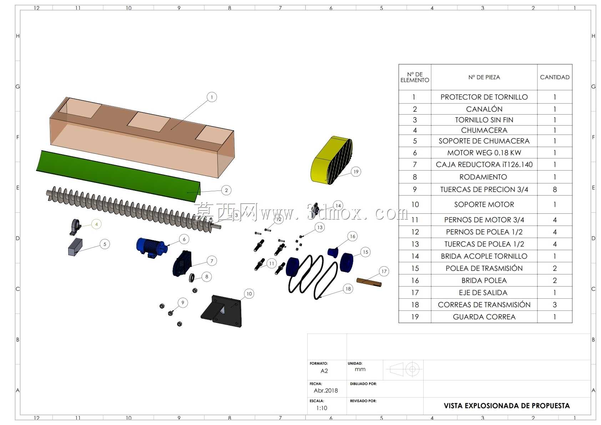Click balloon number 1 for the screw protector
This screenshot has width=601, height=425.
click(212, 97)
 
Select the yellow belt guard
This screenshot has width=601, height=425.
click(331, 160)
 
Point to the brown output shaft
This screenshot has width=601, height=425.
click(369, 282)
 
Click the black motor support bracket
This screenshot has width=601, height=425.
click(222, 311)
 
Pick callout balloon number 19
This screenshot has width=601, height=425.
click(356, 172)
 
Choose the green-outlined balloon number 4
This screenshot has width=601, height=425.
click(96, 224)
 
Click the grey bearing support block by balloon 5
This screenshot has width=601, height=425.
click(75, 247)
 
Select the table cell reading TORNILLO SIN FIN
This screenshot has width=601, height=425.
click(484, 120)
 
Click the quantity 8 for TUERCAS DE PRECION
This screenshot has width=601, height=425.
click(555, 189)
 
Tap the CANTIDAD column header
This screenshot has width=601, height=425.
click(555, 77)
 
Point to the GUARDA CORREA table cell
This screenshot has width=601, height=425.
click(484, 317)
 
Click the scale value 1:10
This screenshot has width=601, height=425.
click(322, 408)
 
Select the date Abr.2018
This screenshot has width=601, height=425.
click(326, 390)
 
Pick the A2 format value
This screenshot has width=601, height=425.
click(324, 371)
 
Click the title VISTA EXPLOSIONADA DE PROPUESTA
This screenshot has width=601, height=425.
click(506, 406)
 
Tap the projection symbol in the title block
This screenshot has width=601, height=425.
click(404, 369)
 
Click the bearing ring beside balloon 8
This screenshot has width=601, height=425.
click(192, 278)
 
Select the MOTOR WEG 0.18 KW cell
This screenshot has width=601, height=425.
click(484, 153)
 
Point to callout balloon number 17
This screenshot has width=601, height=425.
click(384, 271)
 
